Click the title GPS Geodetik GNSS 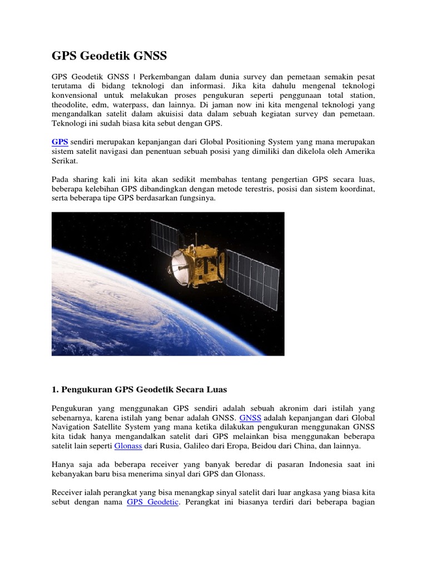click(x=109, y=56)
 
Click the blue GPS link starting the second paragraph click(x=60, y=142)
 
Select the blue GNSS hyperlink click(x=250, y=417)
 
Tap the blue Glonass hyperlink click(x=128, y=446)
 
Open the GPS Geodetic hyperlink click(x=152, y=502)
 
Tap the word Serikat click(x=64, y=161)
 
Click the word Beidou click(x=255, y=446)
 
